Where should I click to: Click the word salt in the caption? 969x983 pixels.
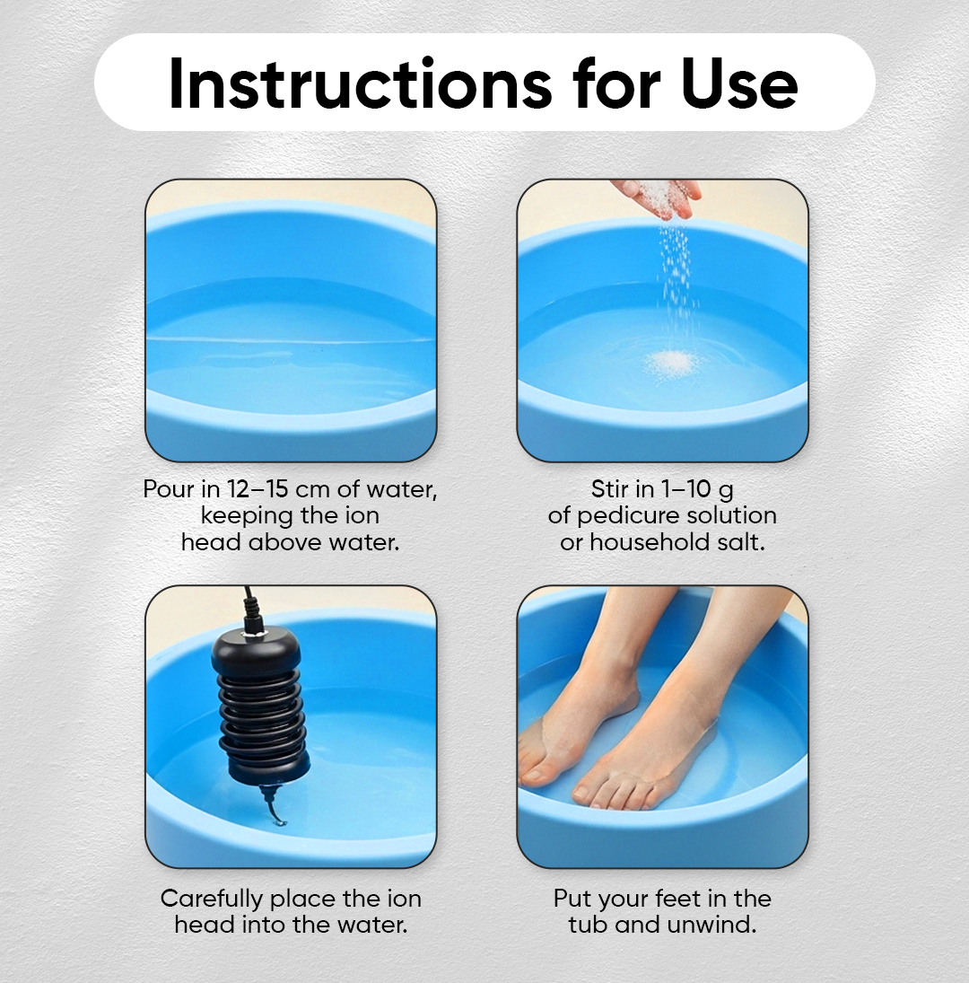tap(741, 542)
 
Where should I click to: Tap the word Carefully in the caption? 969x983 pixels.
tap(212, 899)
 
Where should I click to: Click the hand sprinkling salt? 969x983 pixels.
tap(659, 195)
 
